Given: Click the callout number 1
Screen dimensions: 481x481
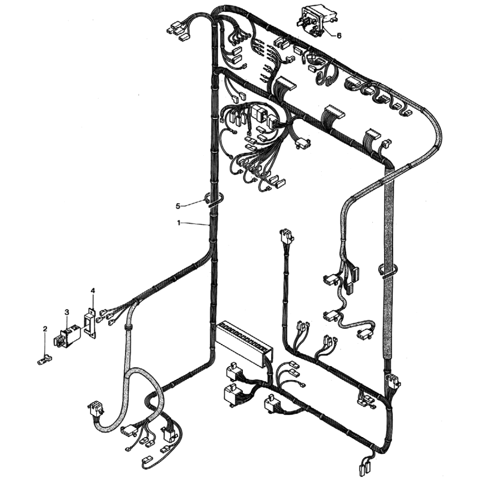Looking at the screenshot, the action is pos(179,223).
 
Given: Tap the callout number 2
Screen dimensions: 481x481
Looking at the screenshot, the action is pos(45,329).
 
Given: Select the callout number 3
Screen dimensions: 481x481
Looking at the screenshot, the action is pos(67,312).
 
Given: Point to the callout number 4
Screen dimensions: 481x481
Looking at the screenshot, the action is pos(93,290).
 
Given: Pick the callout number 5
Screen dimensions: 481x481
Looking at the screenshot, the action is pos(178,206).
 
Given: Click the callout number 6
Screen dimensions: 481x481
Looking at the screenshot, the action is pos(339,36).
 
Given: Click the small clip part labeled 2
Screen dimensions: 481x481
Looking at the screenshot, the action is pos(44,359).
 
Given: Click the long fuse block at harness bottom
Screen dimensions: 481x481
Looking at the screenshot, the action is pos(245,344).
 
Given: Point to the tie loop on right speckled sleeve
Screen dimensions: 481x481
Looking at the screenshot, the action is pos(387,271).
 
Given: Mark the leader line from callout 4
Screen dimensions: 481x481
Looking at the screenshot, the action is pos(93,302).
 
